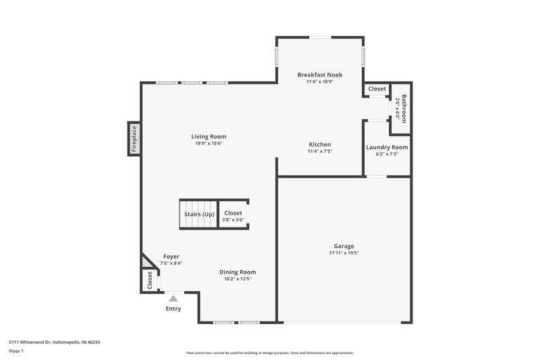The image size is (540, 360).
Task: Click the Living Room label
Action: point(209,136)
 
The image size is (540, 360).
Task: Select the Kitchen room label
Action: point(320,145)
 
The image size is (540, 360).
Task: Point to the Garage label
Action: point(344,247)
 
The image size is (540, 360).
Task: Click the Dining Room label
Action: point(232,272)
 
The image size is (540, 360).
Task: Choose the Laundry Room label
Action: point(387,147)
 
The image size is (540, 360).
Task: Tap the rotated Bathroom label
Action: point(404,108)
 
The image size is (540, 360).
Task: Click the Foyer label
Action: point(171,257)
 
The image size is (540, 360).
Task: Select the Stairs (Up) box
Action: point(199,214)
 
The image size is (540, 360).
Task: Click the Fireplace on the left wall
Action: point(134,138)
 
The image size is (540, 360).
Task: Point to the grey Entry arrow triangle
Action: point(173,297)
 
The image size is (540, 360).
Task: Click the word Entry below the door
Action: point(173,309)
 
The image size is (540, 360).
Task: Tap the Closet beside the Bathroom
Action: point(377,89)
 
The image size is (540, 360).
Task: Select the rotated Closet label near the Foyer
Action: point(149,280)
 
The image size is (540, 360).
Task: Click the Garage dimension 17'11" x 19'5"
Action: point(344,253)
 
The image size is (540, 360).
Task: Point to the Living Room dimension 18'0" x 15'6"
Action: point(209,143)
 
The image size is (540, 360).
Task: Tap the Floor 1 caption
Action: point(17,351)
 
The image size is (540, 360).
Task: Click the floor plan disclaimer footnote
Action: point(270,353)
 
